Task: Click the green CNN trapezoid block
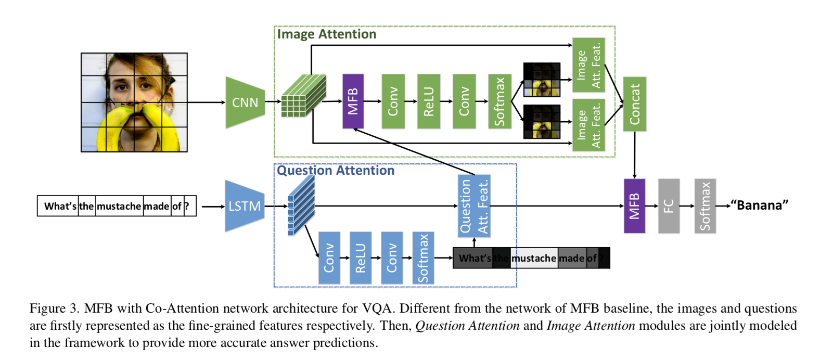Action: [245, 102]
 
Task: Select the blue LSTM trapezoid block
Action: [245, 206]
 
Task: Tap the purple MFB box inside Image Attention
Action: [353, 101]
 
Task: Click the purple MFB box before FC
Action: [634, 206]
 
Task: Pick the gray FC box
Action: [669, 206]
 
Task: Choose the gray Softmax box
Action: [705, 206]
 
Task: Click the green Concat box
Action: [634, 104]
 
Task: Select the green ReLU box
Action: [429, 101]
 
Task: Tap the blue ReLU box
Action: [361, 258]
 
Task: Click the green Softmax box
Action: [499, 101]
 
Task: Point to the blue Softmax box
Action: [423, 258]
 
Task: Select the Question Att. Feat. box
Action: [474, 206]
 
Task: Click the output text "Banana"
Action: [759, 205]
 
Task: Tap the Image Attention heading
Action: [327, 34]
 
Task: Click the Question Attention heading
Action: [336, 171]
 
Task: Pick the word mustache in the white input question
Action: [119, 207]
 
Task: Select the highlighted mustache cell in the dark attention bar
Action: [534, 258]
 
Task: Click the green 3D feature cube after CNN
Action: [303, 96]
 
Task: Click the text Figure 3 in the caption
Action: [54, 308]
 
